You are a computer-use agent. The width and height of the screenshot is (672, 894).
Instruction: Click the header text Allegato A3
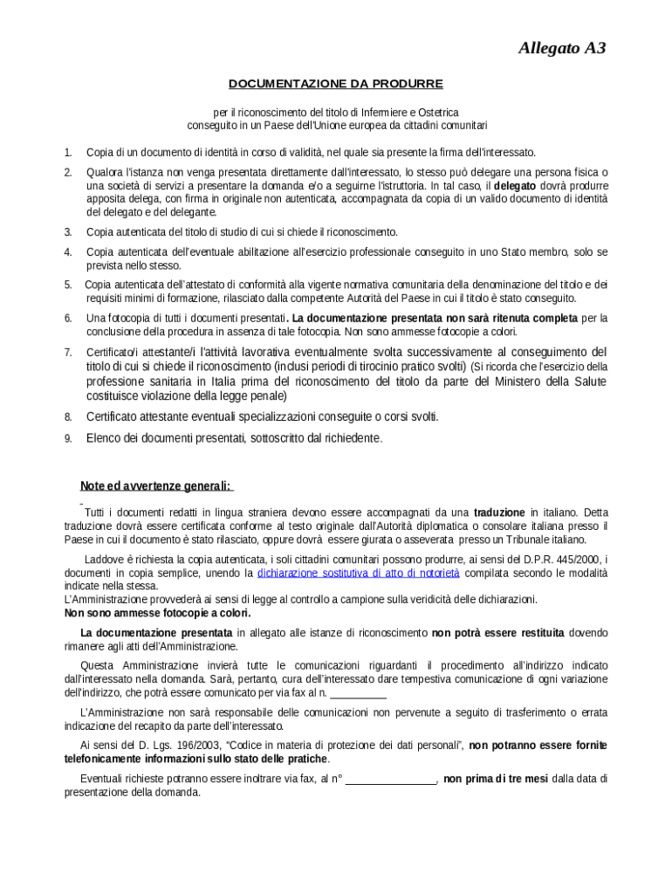click(x=561, y=48)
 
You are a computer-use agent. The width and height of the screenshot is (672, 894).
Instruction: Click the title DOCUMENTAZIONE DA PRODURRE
click(x=335, y=84)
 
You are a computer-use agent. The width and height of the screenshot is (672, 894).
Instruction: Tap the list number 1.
click(x=67, y=152)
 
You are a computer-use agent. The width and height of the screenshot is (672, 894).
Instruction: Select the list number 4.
click(x=67, y=252)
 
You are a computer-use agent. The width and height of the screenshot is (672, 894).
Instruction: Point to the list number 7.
click(x=67, y=352)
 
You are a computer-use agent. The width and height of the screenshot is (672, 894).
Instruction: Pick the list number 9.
click(x=67, y=438)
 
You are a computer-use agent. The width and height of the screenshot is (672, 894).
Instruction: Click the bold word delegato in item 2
click(x=515, y=186)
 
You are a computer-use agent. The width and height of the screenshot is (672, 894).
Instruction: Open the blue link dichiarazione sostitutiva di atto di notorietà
click(x=358, y=573)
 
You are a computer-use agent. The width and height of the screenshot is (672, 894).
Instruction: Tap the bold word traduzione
click(x=499, y=512)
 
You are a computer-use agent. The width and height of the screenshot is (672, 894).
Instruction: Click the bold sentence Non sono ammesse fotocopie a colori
click(x=158, y=613)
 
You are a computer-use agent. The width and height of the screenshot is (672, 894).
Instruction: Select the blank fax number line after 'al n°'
click(x=391, y=779)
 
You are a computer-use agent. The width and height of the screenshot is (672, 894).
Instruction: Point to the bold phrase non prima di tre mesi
click(x=496, y=779)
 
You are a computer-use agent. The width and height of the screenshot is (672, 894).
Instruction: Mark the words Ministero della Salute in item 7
click(x=556, y=382)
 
